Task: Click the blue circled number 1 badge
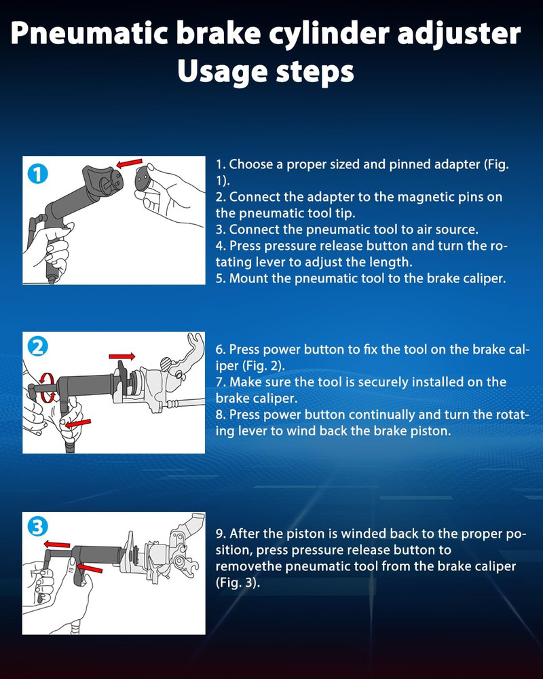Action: tap(38, 174)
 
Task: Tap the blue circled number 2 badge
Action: tap(38, 347)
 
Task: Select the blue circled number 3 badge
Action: tap(38, 528)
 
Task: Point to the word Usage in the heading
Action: tap(223, 72)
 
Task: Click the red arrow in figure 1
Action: tap(130, 163)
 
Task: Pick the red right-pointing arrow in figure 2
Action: tap(121, 356)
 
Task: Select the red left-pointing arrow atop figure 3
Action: tap(57, 545)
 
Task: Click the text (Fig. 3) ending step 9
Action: tap(238, 583)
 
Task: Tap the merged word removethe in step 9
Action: tap(248, 566)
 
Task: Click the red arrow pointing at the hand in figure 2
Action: tap(78, 423)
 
